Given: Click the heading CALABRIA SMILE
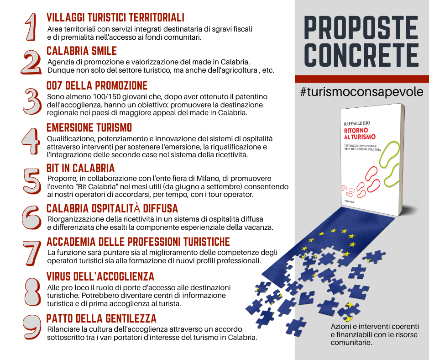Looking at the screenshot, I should [x=82, y=51].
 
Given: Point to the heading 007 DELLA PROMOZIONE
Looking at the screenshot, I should [x=97, y=85].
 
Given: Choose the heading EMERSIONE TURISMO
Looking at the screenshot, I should [x=89, y=127].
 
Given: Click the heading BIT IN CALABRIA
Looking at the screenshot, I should [x=80, y=168].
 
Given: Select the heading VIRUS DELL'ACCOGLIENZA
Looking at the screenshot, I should [x=100, y=276].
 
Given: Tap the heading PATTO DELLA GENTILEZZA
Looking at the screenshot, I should [x=101, y=318].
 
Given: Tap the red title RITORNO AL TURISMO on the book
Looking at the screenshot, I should [x=360, y=133].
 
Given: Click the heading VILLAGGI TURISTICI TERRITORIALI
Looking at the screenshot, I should [x=115, y=17].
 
